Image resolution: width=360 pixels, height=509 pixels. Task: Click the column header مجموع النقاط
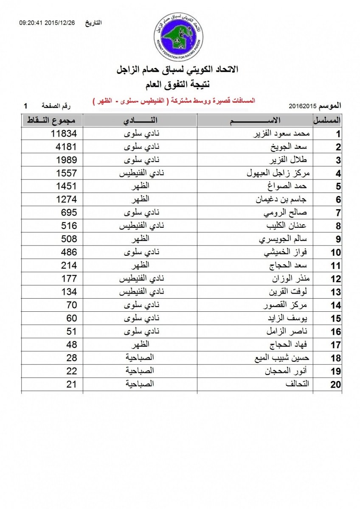click(x=52, y=120)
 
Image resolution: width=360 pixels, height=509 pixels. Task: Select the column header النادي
click(x=140, y=120)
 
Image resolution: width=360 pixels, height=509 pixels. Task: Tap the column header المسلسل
click(x=327, y=120)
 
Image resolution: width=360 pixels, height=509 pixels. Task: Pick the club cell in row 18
click(x=140, y=358)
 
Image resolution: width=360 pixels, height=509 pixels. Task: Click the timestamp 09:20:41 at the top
click(x=32, y=23)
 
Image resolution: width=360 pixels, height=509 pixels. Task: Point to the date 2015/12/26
click(x=61, y=23)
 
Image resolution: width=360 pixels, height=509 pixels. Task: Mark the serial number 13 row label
click(x=336, y=292)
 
